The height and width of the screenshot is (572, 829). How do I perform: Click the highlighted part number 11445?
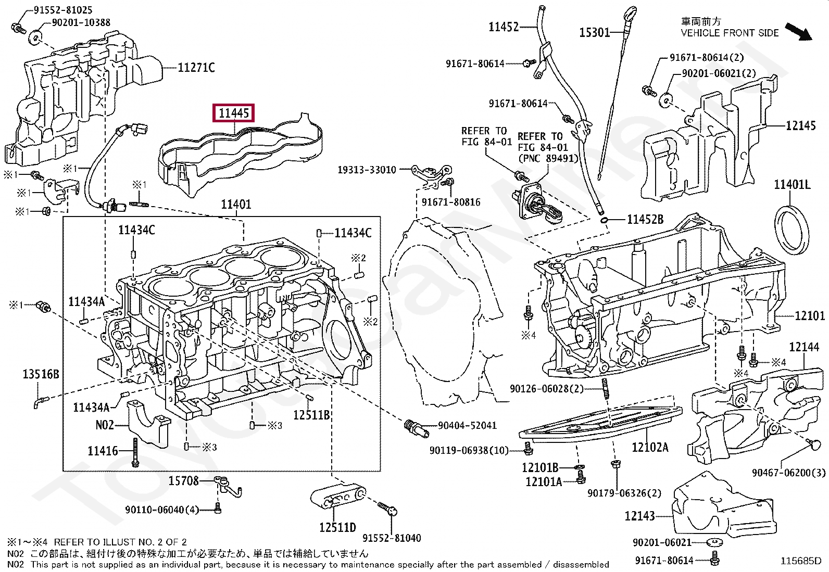(233, 113)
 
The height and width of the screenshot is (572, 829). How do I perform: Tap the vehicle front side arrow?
(799, 32)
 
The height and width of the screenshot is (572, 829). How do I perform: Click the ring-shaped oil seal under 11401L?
(792, 230)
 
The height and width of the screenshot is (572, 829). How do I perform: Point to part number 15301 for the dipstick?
(594, 33)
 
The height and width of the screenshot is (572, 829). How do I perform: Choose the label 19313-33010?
(367, 170)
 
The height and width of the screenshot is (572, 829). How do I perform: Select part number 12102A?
(650, 447)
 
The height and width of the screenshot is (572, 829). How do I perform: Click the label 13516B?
(41, 374)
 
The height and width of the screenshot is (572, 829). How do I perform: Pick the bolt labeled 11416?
(135, 452)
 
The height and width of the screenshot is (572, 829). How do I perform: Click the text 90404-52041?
(467, 425)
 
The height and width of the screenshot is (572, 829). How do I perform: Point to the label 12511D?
(337, 527)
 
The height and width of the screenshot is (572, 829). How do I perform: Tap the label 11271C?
(196, 68)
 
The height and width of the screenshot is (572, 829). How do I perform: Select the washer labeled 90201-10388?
(36, 36)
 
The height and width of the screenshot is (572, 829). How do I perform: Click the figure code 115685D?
(800, 561)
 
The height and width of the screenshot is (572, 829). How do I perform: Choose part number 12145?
(800, 126)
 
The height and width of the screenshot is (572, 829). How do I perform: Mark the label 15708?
(184, 481)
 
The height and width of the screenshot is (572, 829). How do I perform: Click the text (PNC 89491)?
(548, 158)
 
